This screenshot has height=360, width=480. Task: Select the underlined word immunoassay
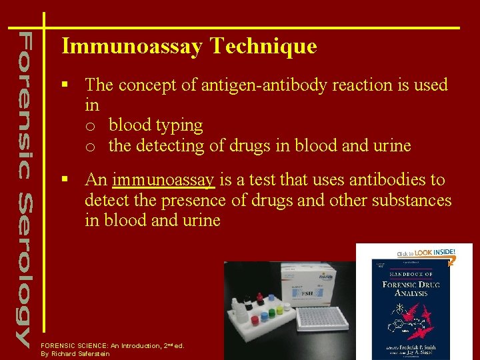[163, 180]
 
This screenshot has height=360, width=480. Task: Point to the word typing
[182, 125]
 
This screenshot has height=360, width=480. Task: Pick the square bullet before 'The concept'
[65, 85]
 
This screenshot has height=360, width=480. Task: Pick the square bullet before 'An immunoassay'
[65, 180]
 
